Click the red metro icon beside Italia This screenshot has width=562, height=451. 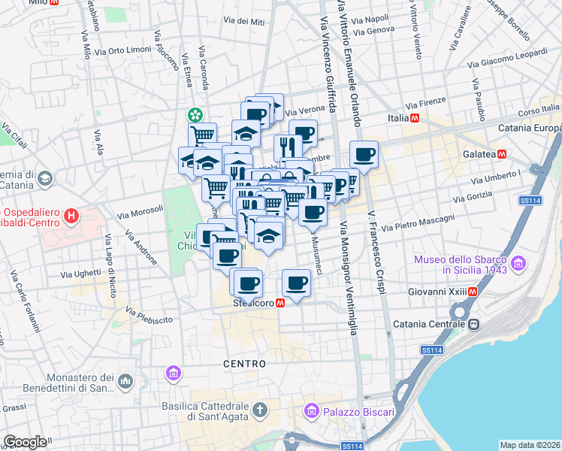(x=414, y=119)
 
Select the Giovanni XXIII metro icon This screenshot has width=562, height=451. (x=473, y=292)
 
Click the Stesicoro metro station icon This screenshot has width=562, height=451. (x=280, y=304)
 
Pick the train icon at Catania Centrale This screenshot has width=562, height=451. (x=474, y=325)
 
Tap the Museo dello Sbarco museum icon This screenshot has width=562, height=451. (x=518, y=264)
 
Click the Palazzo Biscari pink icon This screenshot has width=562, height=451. (x=310, y=411)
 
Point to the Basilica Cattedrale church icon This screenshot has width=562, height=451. (x=259, y=410)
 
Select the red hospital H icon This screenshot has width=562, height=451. (x=71, y=218)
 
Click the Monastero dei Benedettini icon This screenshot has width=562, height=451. (x=125, y=383)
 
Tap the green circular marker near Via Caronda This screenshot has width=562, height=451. (x=195, y=115)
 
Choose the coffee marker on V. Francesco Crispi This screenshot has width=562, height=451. (x=364, y=155)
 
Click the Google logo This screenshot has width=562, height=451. (x=25, y=442)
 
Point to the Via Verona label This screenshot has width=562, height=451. (x=306, y=109)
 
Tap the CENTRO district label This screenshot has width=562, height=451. (x=244, y=364)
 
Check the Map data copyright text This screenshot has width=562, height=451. (x=530, y=445)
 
